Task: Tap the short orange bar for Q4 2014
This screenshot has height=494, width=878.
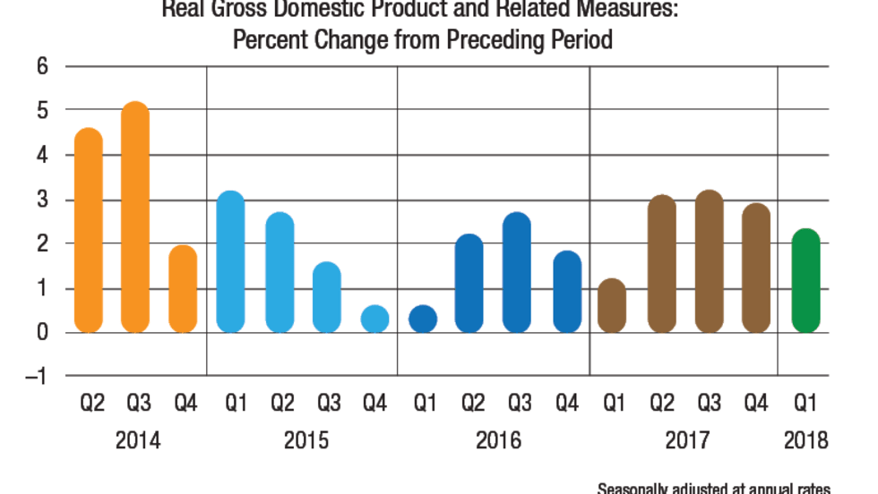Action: [x=183, y=288]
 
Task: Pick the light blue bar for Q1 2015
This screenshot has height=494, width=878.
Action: [x=230, y=261]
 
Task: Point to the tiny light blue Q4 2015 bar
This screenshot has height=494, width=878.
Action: [x=374, y=319]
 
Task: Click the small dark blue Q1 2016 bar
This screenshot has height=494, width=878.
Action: [x=423, y=319]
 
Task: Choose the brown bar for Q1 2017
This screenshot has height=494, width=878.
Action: [x=612, y=305]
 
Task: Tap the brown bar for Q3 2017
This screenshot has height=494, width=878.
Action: [x=709, y=261]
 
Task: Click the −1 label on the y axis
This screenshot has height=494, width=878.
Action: [x=36, y=376]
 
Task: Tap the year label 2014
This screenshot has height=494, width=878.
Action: [x=138, y=441]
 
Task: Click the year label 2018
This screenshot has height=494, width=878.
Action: [x=805, y=441]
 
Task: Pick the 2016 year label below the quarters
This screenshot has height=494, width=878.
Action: [x=498, y=441]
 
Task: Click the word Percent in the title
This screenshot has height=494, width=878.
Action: [x=280, y=41]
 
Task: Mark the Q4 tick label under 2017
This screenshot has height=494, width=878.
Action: [x=756, y=404]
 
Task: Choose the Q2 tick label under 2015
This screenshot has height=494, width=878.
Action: [x=281, y=404]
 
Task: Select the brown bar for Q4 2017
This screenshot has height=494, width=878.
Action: [x=756, y=268]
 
